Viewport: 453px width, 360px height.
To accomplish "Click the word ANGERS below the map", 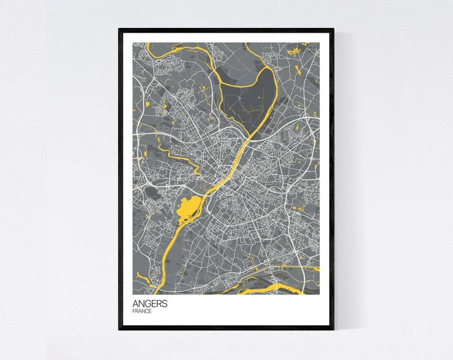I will point(150,304).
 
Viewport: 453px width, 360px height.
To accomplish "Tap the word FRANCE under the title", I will point(143,311).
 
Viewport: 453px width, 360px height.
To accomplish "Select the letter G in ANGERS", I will point(149,304).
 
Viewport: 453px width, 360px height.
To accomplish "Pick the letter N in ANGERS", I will point(143,304).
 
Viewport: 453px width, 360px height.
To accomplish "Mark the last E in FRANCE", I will point(151,311).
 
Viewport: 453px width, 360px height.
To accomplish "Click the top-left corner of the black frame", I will point(120,29).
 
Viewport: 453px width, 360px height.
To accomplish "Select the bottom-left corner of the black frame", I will point(120,328).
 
